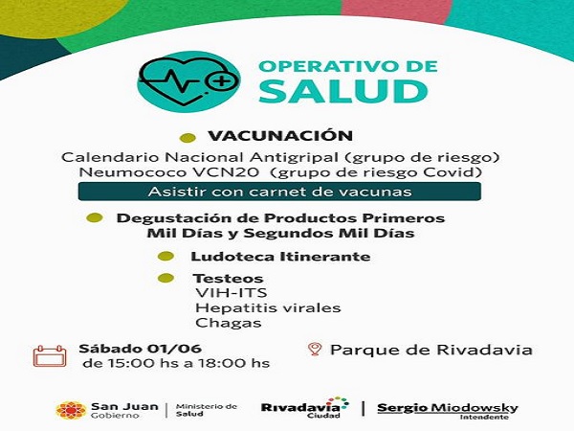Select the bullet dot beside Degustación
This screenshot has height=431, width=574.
coord(95,217)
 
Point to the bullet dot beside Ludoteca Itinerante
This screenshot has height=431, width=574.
coord(167,257)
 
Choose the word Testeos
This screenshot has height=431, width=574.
coord(214,279)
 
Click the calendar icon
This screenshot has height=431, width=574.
coord(49,356)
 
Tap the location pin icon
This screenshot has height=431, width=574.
coord(315,351)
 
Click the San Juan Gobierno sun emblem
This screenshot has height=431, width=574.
coord(70,410)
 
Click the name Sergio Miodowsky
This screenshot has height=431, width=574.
coord(447,407)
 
